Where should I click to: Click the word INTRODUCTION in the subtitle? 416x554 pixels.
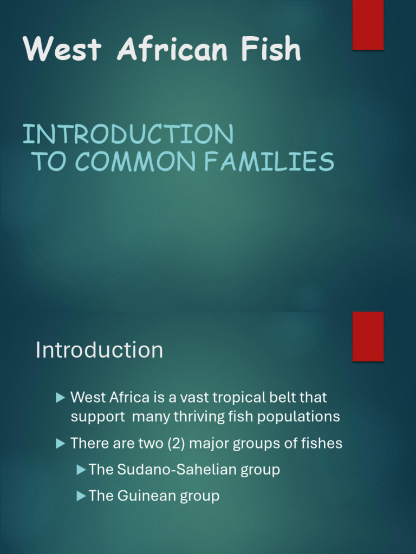click(128, 134)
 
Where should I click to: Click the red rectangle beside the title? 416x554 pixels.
click(368, 24)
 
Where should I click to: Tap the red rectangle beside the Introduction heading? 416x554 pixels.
click(368, 336)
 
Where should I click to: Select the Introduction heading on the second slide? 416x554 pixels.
click(99, 350)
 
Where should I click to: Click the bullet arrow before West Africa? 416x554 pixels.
click(60, 398)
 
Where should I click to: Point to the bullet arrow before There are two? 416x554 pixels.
click(60, 444)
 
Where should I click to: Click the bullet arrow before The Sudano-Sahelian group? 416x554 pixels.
click(81, 470)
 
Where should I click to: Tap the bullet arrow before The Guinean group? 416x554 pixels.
click(81, 496)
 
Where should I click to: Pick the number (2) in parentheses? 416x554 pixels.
click(167, 444)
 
